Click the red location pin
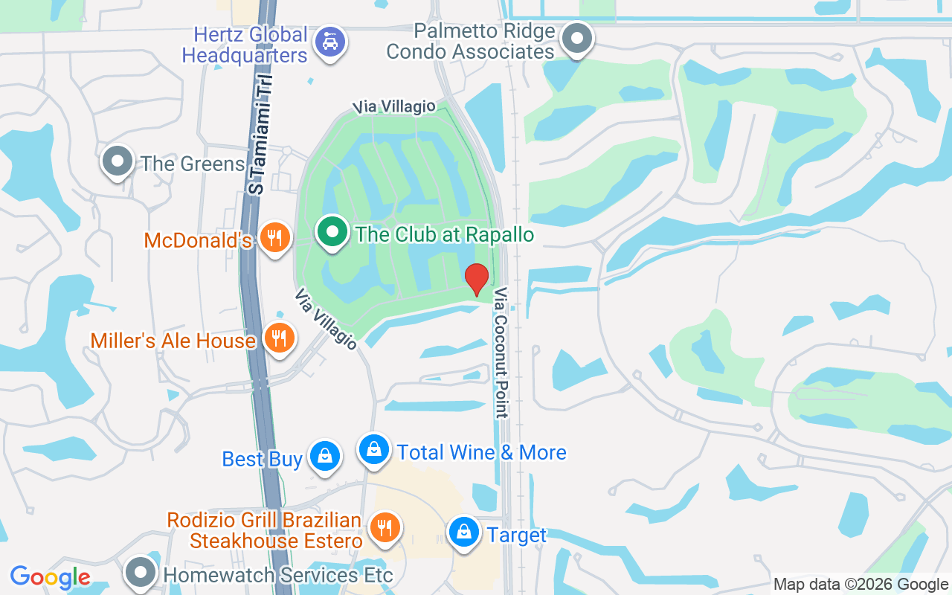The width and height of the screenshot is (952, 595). tap(477, 279)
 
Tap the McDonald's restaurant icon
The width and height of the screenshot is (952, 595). tap(275, 238)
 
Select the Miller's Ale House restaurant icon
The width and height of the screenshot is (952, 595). tap(280, 338)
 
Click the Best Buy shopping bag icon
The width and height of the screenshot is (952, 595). tap(325, 457)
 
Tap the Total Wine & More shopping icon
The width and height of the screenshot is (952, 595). tap(374, 450)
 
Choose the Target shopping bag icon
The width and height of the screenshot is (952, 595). tap(464, 533)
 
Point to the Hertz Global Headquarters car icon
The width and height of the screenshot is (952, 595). tap(328, 42)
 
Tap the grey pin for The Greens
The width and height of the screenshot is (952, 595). tap(117, 161)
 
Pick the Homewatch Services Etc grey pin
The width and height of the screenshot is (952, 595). tap(140, 572)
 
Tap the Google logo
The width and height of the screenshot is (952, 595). tap(51, 577)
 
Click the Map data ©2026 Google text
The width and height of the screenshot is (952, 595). tap(861, 585)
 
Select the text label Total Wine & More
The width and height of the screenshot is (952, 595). tap(481, 452)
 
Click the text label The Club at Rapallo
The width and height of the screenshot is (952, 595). tap(445, 235)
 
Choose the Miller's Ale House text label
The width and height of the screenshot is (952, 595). tap(173, 341)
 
